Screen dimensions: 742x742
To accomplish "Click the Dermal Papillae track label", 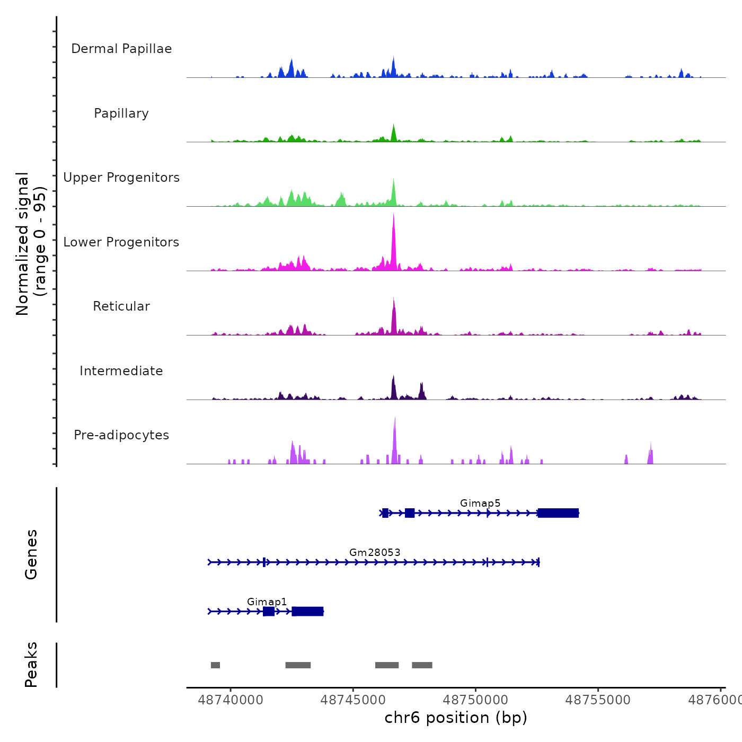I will (x=121, y=49).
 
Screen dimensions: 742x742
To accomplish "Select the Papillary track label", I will (x=121, y=113).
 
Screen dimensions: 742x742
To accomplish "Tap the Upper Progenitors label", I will (x=121, y=178).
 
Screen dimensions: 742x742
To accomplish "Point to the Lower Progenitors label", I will (x=121, y=242).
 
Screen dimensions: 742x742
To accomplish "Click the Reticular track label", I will (x=121, y=306).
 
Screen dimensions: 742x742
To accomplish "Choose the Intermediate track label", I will (x=121, y=371).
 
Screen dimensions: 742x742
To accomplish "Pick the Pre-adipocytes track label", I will (x=121, y=435).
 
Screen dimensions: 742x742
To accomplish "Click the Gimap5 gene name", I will (x=480, y=503).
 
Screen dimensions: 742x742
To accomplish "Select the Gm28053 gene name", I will (x=375, y=552).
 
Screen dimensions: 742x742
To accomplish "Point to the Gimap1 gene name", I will (x=267, y=602).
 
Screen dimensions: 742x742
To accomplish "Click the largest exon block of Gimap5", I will (x=558, y=513).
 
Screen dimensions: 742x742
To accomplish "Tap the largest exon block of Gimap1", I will (x=307, y=612).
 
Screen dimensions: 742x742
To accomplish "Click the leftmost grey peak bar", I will (x=215, y=665).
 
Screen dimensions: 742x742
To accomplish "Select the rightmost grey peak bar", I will (x=422, y=665).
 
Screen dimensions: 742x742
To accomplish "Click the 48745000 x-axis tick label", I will (x=353, y=700).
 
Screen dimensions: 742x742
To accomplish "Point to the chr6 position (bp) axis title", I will (x=456, y=718).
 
